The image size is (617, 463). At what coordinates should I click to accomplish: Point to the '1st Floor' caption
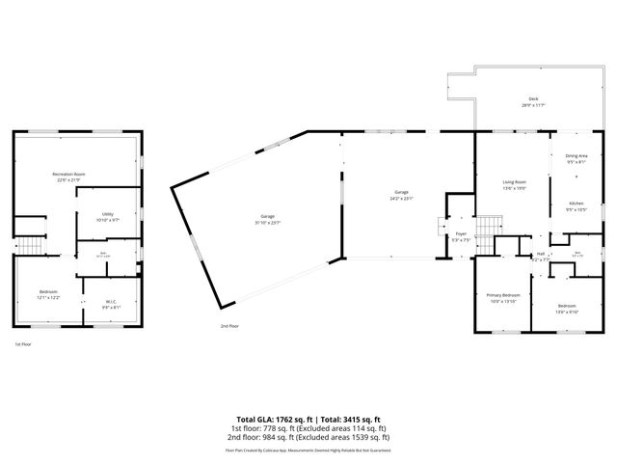[x=22, y=344]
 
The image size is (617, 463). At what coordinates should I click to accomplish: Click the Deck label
[x=532, y=100]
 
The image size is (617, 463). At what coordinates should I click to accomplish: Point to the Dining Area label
[x=576, y=157]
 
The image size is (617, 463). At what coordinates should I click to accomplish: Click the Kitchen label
[x=576, y=204]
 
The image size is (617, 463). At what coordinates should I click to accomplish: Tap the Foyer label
[x=461, y=233]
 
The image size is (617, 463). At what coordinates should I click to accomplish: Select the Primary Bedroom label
[x=503, y=296]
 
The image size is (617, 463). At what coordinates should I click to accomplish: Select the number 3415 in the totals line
[x=354, y=418]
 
